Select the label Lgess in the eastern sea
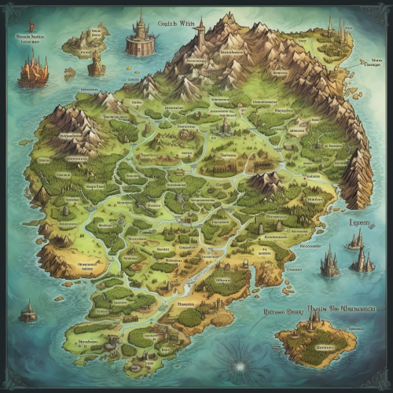[x=358, y=222]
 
